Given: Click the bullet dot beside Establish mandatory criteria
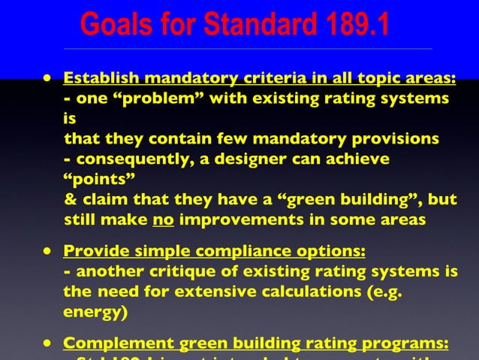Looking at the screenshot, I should (47, 77).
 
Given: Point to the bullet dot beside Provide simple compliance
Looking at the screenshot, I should (47, 250).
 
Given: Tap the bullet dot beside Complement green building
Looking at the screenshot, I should (47, 343).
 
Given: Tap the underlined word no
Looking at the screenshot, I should (163, 219).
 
